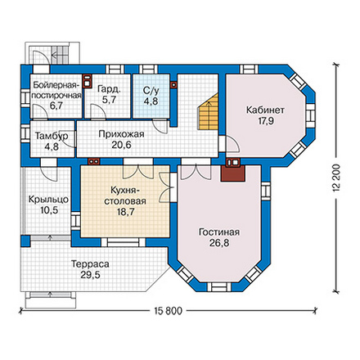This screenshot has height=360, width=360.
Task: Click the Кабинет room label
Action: point(265,110)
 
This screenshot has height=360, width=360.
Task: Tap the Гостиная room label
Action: point(219,232)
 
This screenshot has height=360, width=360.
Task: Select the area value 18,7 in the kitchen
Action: point(125,212)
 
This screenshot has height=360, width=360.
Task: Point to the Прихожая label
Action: point(121,134)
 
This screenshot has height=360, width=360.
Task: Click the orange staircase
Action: point(209,111)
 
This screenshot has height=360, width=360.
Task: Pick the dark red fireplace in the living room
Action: point(232,173)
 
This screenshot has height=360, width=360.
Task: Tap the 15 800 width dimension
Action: point(168,311)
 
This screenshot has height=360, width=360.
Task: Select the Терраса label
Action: point(90,264)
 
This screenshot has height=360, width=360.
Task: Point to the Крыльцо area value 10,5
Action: point(48,210)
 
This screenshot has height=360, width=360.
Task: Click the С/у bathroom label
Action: point(151,91)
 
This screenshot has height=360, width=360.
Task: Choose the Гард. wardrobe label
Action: point(109,89)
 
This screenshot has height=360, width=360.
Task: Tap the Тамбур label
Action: point(52,136)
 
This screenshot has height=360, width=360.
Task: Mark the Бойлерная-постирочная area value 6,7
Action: point(56,106)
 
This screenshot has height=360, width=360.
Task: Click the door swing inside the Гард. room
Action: point(97,111)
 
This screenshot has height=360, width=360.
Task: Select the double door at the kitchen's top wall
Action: point(139,172)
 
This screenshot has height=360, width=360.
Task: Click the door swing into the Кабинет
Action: point(232,145)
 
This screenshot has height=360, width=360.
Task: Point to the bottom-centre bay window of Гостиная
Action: point(219,287)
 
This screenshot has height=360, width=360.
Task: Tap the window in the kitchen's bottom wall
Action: point(124,242)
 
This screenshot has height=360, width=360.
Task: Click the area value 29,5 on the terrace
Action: point(90,275)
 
